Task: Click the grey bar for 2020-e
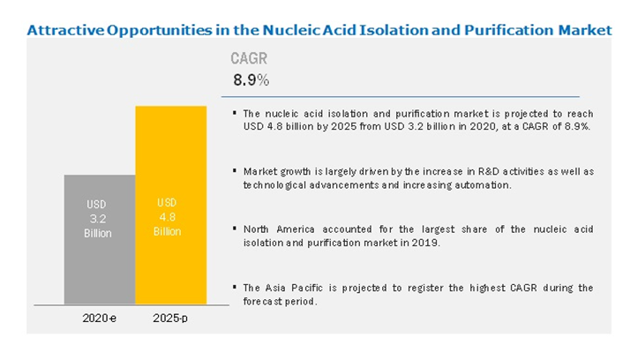[100, 239]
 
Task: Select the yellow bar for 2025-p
[171, 205]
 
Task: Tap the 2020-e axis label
[99, 319]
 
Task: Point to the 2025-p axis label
[170, 319]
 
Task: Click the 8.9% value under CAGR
[251, 80]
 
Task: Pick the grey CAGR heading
[249, 58]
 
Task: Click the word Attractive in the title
[65, 30]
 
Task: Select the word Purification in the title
[508, 30]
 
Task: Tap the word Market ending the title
[585, 30]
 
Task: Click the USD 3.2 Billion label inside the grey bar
[98, 219]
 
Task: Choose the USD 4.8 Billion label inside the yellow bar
[167, 217]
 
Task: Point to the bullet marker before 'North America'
[235, 229]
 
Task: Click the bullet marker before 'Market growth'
[235, 171]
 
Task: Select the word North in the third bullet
[256, 229]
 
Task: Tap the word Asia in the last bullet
[275, 288]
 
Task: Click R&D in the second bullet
[488, 171]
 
